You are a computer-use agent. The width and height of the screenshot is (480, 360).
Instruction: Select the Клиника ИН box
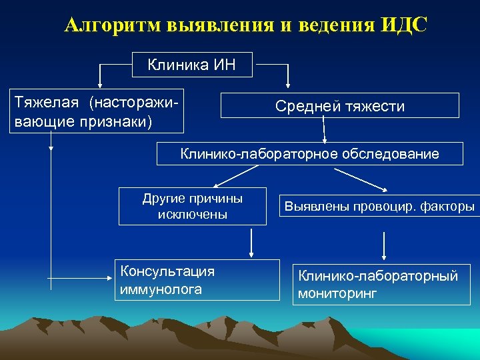(191, 65)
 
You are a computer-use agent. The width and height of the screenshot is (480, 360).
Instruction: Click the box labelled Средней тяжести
(339, 106)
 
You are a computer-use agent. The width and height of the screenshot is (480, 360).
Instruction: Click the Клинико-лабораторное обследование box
(309, 154)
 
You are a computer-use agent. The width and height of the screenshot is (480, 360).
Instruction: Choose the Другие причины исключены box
(193, 206)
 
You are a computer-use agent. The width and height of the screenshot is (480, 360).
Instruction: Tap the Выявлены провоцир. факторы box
(379, 207)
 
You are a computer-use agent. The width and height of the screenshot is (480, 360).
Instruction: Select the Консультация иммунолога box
(197, 280)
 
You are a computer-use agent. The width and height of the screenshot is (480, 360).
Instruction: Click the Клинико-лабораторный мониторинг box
(382, 285)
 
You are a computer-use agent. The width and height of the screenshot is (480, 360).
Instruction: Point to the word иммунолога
(161, 289)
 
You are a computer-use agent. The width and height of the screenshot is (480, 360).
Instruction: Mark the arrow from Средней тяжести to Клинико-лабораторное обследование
(324, 131)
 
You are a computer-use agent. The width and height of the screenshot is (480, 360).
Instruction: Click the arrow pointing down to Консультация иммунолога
(251, 243)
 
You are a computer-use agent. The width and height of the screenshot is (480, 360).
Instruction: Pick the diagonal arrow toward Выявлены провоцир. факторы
(363, 179)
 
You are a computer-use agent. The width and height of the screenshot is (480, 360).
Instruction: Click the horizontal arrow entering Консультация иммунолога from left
(80, 277)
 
